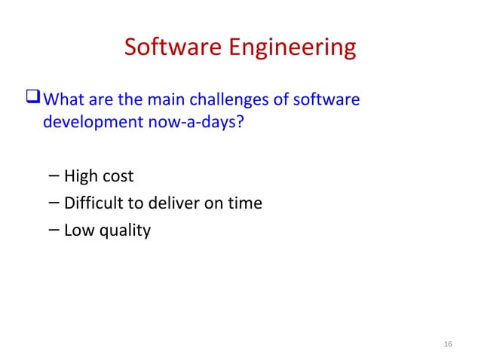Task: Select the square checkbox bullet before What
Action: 35,100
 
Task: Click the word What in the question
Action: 64,100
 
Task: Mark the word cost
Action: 118,176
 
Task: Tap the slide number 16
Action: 448,344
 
